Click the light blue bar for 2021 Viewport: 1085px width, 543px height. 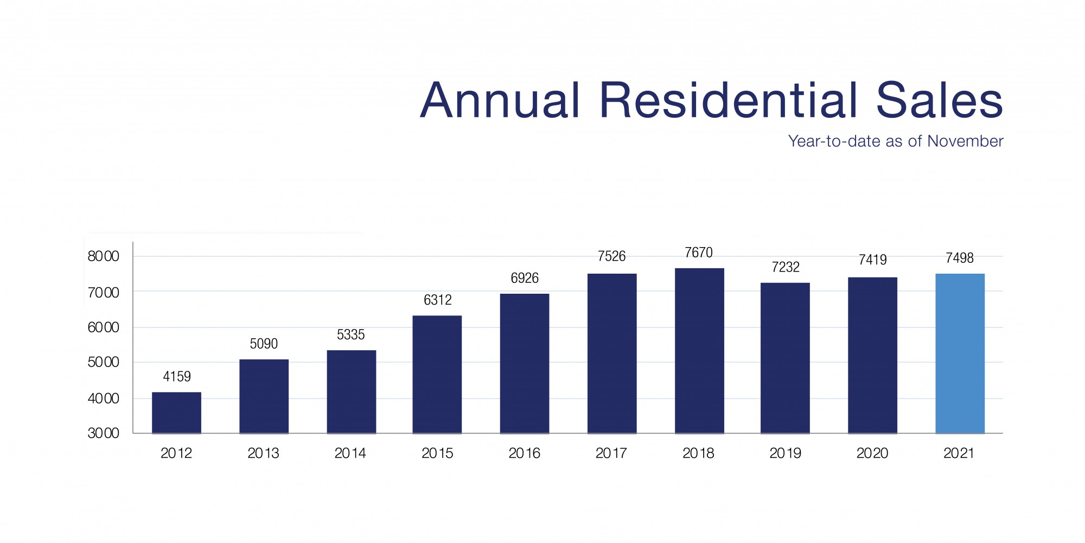click(960, 353)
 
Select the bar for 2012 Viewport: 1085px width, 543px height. click(176, 413)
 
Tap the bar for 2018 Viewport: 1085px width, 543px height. click(699, 351)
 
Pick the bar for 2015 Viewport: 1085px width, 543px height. click(437, 375)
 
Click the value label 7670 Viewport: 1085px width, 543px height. click(699, 252)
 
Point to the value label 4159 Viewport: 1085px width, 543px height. click(177, 376)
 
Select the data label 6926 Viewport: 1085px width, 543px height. click(525, 278)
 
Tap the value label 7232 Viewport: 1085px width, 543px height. click(786, 267)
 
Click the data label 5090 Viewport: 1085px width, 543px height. click(264, 344)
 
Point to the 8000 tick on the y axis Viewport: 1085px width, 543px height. click(103, 256)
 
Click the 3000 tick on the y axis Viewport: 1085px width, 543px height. click(103, 433)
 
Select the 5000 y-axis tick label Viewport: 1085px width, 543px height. click(103, 362)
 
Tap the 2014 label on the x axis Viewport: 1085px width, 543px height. click(350, 453)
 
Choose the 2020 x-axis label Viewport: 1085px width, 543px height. click(872, 453)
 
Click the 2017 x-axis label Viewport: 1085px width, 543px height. click(611, 453)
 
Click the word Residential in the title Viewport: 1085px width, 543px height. click(729, 100)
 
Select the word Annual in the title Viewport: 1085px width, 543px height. click(500, 100)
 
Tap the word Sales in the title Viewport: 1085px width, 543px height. click(939, 100)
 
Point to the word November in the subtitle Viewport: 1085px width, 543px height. click(965, 141)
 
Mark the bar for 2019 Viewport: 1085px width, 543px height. click(785, 358)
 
